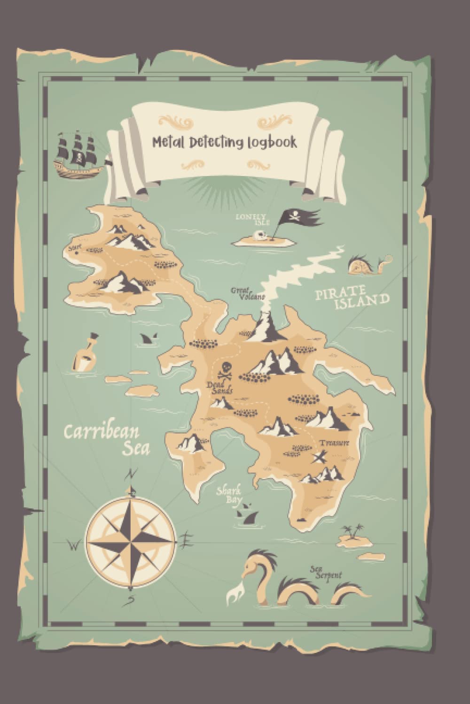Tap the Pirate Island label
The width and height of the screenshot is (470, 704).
[352, 299]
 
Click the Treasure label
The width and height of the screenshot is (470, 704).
[334, 443]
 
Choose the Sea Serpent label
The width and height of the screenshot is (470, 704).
[325, 572]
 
